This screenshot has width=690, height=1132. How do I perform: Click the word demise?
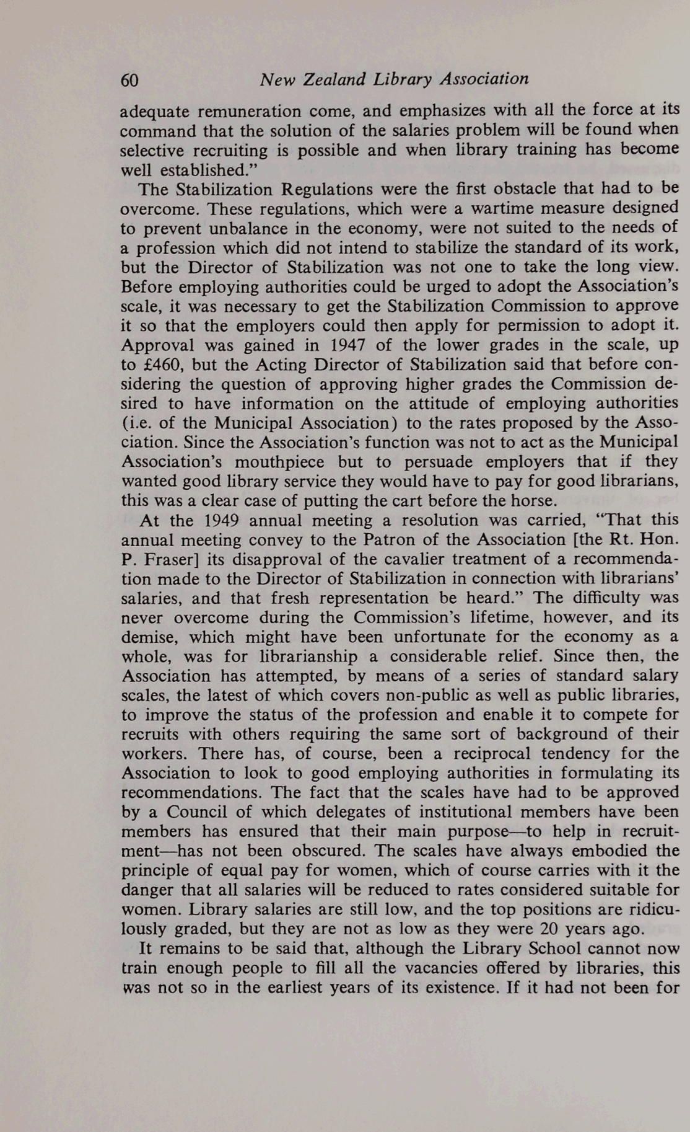tap(144, 637)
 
